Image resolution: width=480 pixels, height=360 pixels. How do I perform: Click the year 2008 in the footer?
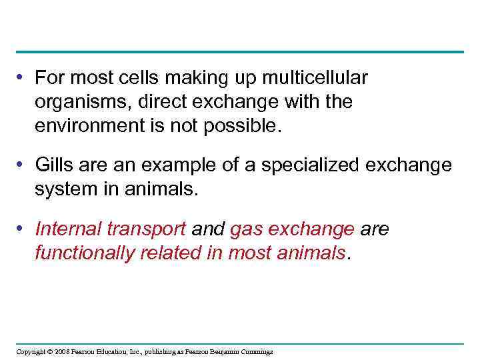click(63, 351)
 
